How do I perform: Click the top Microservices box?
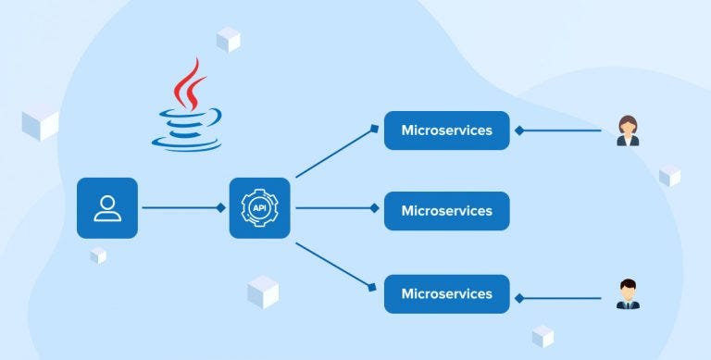click(x=446, y=130)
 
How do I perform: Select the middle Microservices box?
click(x=446, y=211)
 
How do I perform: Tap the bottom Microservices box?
click(x=446, y=293)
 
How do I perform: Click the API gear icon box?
click(x=259, y=208)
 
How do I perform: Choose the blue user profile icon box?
click(x=107, y=207)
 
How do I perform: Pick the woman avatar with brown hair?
click(x=628, y=130)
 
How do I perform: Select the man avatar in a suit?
click(x=628, y=293)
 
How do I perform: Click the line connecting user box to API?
click(x=181, y=208)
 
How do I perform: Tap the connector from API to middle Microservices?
click(x=333, y=208)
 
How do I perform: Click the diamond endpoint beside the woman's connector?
click(x=519, y=130)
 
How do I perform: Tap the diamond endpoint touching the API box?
click(x=222, y=208)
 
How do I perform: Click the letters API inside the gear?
click(x=259, y=208)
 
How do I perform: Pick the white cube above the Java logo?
click(x=228, y=40)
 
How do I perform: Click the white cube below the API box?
click(x=263, y=292)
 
